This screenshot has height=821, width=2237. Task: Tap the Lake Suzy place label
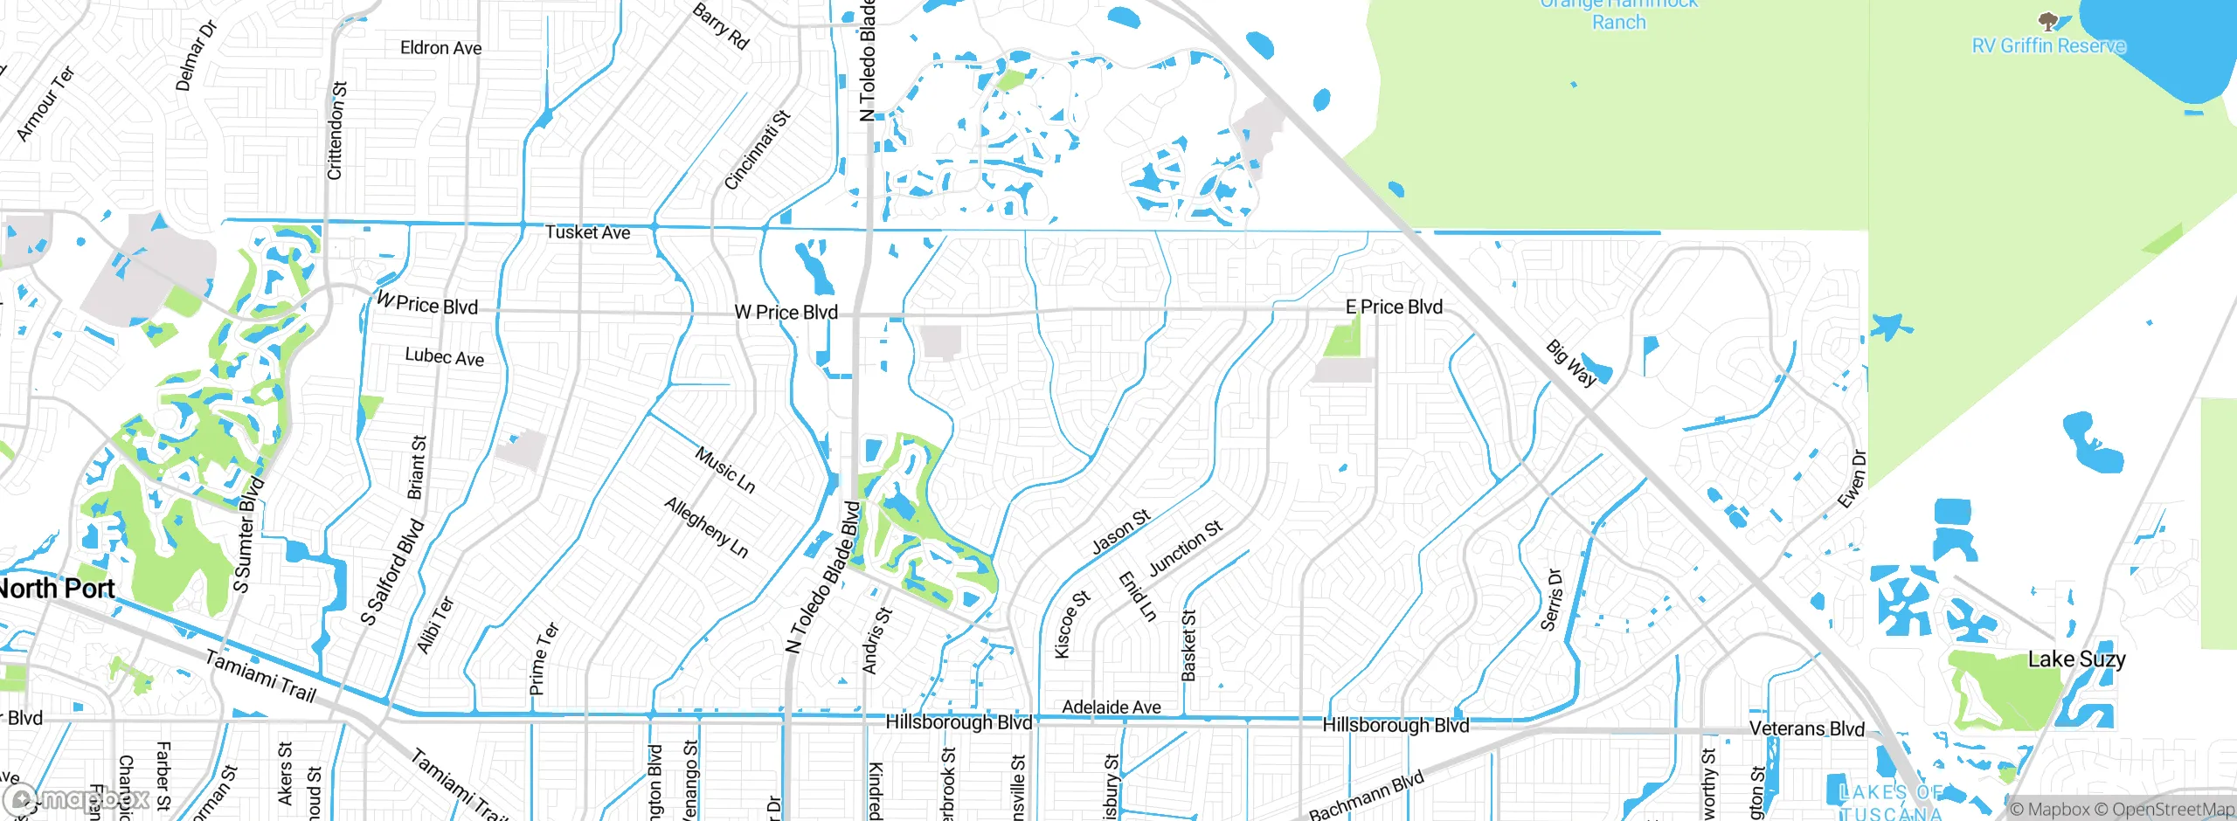(2076, 659)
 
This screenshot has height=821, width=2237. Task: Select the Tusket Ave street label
(587, 232)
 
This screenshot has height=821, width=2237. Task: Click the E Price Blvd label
(1394, 307)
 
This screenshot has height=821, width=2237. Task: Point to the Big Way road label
(1571, 363)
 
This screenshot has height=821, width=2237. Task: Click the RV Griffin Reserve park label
(2048, 45)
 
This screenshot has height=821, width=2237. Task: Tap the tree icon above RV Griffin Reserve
(2047, 20)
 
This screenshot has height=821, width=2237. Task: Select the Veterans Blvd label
(1806, 728)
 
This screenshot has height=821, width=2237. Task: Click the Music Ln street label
(724, 470)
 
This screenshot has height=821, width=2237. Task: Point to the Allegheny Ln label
(706, 527)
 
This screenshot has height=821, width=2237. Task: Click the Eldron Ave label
(440, 48)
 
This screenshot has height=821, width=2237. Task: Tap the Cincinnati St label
(757, 150)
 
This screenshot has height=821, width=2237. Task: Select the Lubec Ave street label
(444, 356)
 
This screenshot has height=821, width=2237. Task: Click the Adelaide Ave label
(1111, 707)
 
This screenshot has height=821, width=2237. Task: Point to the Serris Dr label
(1551, 600)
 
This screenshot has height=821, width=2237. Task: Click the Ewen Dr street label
(1852, 479)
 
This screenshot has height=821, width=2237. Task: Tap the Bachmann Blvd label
(1366, 796)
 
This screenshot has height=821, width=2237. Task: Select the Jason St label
(1120, 533)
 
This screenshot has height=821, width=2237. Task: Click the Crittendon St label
(336, 131)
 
